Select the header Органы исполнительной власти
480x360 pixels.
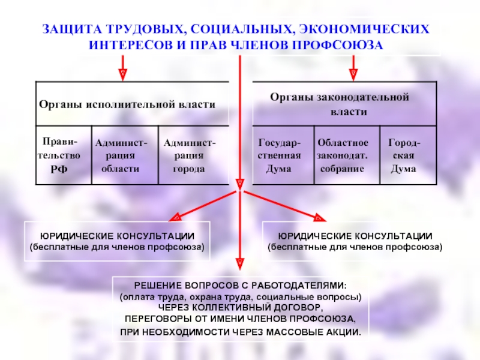click(x=127, y=104)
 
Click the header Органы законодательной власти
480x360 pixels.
click(x=339, y=104)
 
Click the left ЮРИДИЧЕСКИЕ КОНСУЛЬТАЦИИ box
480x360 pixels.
click(x=117, y=241)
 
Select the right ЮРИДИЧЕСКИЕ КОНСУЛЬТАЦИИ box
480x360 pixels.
click(x=355, y=241)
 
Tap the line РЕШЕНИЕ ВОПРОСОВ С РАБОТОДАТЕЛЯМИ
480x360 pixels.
click(x=240, y=286)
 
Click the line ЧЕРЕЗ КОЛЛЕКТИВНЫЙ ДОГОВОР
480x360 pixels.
click(x=240, y=307)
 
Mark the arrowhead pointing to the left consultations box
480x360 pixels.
click(x=177, y=217)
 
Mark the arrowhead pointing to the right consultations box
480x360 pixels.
click(x=318, y=217)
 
